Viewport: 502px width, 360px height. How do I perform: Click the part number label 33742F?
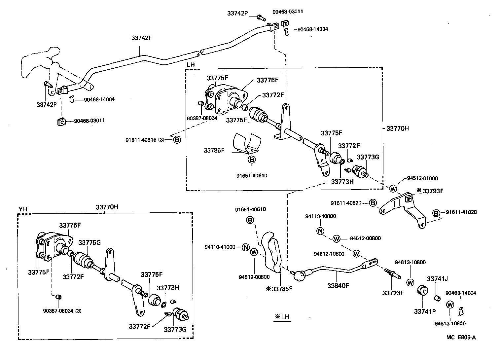(x=142, y=38)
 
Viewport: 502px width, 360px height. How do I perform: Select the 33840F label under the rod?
(x=339, y=285)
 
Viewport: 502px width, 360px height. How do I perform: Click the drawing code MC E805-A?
(x=461, y=337)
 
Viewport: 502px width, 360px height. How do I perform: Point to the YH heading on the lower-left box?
(x=22, y=209)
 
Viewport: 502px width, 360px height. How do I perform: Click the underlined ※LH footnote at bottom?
(x=282, y=316)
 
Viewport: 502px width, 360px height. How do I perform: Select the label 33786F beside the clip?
(x=214, y=150)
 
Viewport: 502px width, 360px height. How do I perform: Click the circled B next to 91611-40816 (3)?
(x=177, y=140)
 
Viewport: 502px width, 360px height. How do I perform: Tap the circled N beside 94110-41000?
(x=245, y=247)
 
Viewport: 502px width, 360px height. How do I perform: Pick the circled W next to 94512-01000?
(x=393, y=189)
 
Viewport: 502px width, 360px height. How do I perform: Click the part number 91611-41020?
(x=461, y=212)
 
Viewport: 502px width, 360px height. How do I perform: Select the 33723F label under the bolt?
(x=393, y=293)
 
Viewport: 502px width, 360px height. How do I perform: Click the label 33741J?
(x=437, y=279)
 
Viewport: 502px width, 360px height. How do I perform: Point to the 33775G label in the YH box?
(x=90, y=242)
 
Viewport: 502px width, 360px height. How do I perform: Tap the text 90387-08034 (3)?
(x=62, y=311)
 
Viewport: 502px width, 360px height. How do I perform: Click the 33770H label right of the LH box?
(x=397, y=128)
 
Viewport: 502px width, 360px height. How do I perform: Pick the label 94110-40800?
(x=320, y=216)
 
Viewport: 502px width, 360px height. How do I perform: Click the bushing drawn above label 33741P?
(x=422, y=290)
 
